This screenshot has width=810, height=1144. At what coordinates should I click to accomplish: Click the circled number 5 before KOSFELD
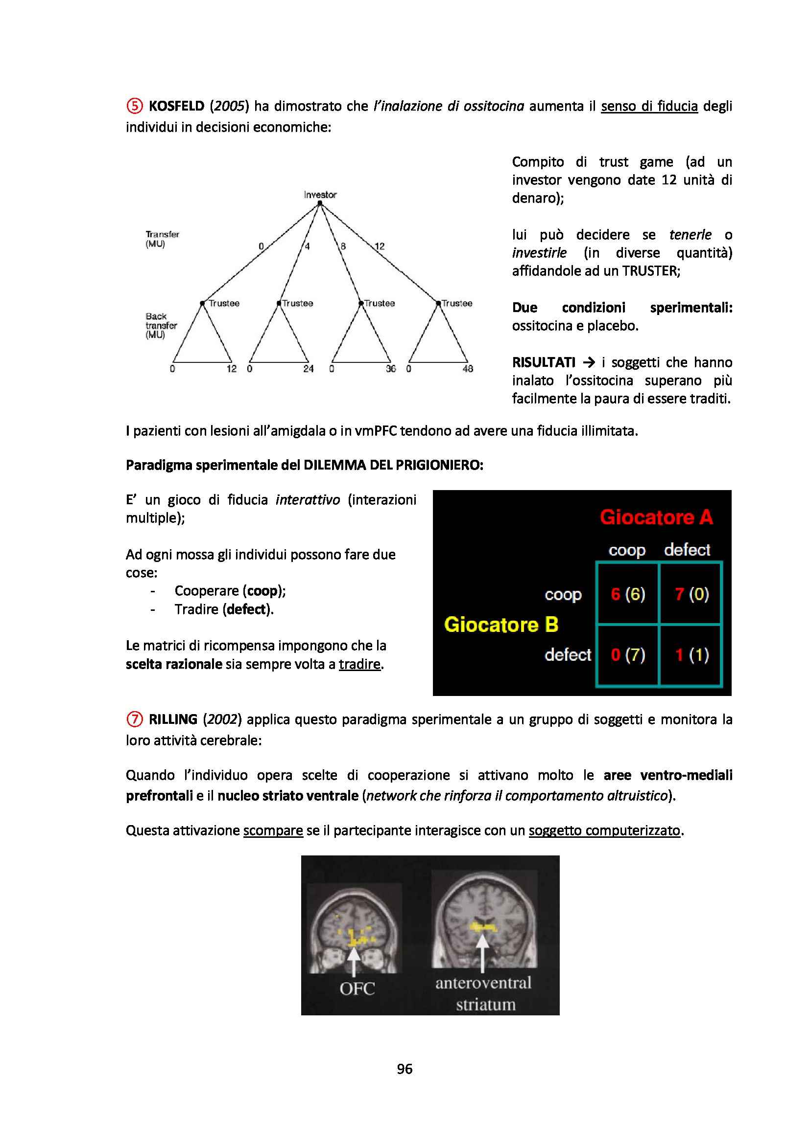(134, 106)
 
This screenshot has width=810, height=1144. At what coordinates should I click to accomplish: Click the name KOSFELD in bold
(177, 106)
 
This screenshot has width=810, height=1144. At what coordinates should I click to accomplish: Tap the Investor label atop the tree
(320, 195)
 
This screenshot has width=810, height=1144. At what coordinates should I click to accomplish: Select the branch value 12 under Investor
(380, 246)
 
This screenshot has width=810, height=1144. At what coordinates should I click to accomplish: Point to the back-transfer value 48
(467, 369)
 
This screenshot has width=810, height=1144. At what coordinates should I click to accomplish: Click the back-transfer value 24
(309, 369)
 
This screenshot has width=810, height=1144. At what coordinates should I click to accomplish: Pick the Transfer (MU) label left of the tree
(162, 239)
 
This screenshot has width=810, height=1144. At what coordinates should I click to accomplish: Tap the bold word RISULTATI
(544, 362)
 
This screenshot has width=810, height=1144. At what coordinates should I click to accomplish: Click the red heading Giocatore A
(656, 517)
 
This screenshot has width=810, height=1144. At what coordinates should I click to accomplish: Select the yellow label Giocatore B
(501, 624)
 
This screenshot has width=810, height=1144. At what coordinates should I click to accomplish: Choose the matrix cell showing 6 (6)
(628, 594)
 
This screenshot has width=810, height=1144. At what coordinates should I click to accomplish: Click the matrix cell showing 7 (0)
(691, 594)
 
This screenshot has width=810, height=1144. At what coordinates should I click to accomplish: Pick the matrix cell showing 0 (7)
(628, 655)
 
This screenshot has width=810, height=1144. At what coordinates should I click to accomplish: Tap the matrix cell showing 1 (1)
(691, 655)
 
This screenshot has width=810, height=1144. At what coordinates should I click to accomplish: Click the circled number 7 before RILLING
(134, 719)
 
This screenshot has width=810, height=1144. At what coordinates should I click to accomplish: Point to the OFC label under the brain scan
(357, 988)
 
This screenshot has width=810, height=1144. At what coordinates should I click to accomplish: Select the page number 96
(405, 1069)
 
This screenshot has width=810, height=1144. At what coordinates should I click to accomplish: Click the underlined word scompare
(273, 830)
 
